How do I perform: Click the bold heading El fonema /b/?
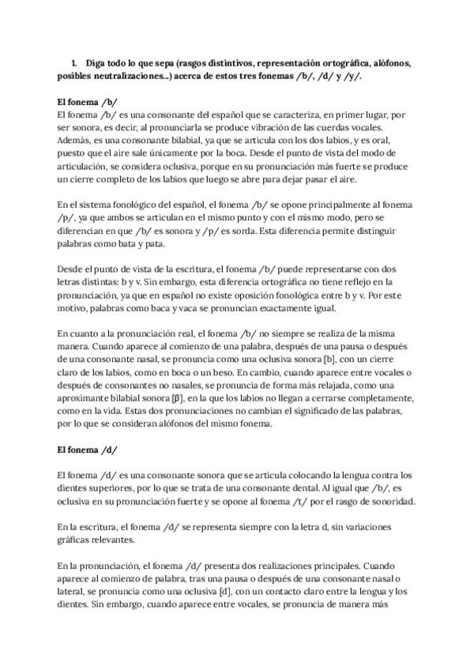(88, 103)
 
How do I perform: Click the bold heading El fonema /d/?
(88, 450)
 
